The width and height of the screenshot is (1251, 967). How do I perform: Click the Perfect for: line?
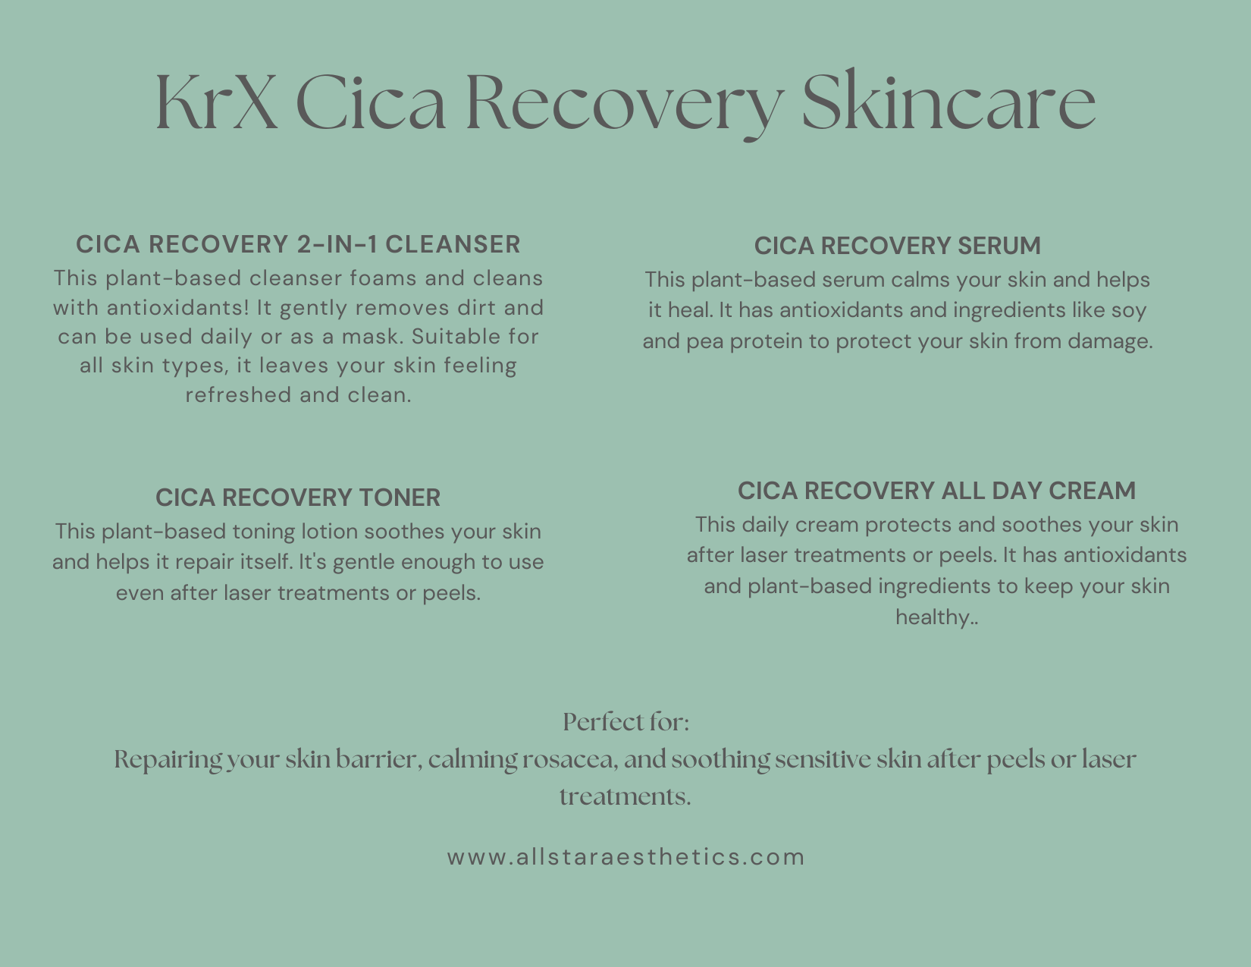pos(625,722)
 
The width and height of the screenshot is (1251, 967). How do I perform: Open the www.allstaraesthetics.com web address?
pos(625,857)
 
